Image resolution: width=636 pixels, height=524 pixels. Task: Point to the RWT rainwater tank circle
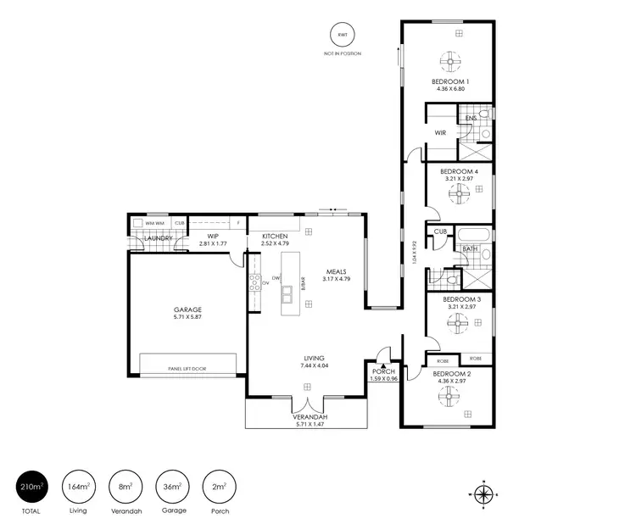pos(342,35)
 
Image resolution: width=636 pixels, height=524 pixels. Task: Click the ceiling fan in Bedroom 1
pos(451,61)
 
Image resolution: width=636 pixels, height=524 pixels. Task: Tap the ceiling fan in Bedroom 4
pos(459,196)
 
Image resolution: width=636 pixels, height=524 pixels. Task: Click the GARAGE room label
pos(187,309)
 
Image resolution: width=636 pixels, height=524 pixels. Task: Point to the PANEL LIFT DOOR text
pos(187,369)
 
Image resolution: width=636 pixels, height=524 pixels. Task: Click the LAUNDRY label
pos(159,238)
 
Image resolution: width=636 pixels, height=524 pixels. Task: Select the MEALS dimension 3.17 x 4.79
pos(337,279)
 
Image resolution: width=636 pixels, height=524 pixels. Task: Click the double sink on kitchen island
pos(293,293)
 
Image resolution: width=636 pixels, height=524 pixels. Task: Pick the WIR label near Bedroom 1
pos(441,133)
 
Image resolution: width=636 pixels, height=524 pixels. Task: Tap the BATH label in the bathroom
pos(469,249)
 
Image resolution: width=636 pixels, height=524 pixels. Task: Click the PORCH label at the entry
pos(384,371)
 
